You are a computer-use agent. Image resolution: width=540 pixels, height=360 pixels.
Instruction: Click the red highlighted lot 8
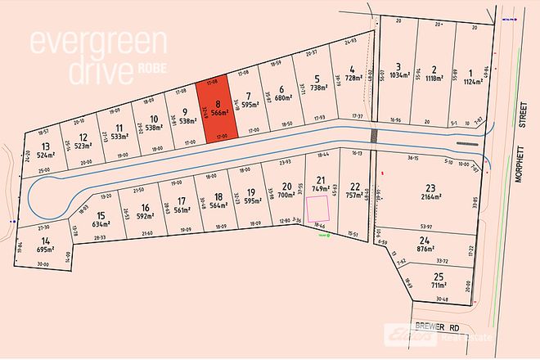218,112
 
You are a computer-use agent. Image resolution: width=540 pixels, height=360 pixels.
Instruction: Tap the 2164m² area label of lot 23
430,198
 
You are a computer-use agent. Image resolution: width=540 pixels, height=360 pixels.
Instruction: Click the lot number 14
45,240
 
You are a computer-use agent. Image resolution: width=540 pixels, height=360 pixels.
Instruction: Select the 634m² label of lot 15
101,224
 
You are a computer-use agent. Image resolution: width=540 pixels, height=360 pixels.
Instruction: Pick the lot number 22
354,185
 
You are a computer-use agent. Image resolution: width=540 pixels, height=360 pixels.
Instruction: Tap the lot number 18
217,196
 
